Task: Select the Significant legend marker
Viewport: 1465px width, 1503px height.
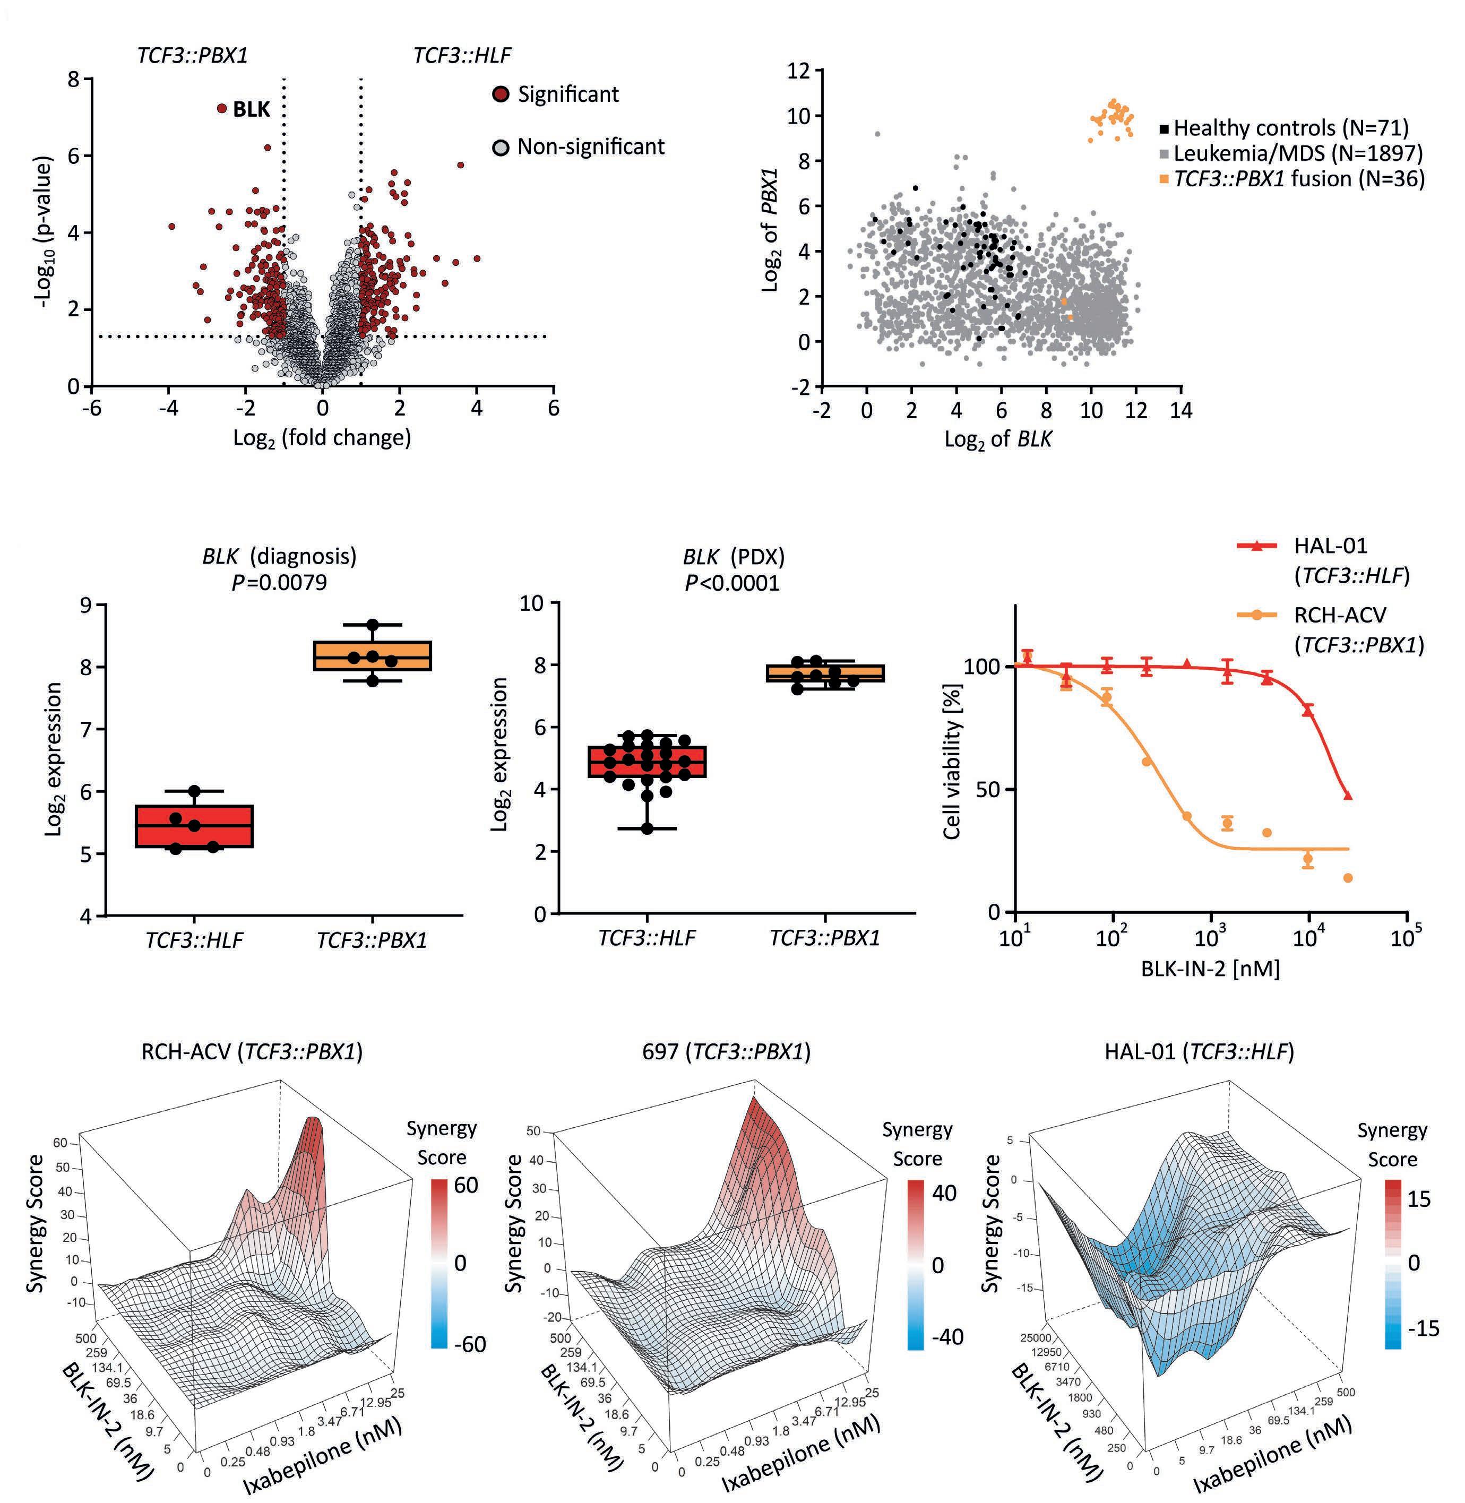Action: (x=501, y=94)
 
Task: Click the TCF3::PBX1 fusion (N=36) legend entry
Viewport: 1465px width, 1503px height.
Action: (x=1292, y=179)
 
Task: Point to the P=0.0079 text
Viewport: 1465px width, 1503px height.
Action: (x=279, y=582)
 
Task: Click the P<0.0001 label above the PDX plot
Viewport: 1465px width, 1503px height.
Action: (x=732, y=582)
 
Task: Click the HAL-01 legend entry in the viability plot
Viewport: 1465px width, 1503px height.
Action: (x=1320, y=559)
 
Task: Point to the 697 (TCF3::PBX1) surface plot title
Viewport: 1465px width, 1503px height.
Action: (x=726, y=1051)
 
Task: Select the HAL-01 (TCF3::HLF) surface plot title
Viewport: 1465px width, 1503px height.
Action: (x=1199, y=1051)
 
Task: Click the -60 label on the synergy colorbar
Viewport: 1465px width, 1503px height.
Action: (x=469, y=1344)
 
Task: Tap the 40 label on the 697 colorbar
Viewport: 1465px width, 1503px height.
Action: (x=944, y=1193)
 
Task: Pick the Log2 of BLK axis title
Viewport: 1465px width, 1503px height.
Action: (x=998, y=439)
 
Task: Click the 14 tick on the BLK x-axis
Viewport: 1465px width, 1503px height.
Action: (x=1181, y=411)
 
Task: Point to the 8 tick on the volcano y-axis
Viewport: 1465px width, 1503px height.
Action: (x=73, y=79)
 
